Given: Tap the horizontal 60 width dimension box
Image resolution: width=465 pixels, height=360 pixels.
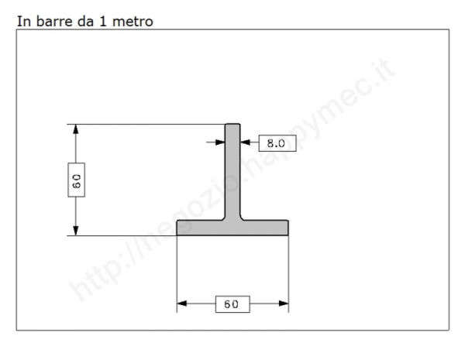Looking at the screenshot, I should [x=232, y=304].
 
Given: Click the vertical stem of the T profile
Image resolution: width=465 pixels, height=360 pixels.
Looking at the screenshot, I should [x=232, y=174].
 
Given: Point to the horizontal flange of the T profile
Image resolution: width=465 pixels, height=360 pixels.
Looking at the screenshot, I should [x=232, y=227].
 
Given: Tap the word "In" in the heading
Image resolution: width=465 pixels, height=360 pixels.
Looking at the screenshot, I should [x=22, y=22].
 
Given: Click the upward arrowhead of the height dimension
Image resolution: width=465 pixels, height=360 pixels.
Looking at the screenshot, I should [x=75, y=131].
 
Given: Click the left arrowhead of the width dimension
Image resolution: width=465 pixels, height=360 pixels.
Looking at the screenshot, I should [x=183, y=303].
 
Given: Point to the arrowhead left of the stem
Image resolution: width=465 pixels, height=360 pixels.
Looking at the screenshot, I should [x=220, y=142].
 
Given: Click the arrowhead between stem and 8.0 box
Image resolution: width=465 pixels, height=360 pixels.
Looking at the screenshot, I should [x=246, y=142].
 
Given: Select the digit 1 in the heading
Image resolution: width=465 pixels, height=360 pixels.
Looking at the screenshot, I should [x=104, y=22].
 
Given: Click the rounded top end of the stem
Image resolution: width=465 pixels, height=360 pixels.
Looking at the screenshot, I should [x=232, y=125].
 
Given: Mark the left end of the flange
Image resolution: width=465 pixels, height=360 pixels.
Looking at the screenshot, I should [x=179, y=227].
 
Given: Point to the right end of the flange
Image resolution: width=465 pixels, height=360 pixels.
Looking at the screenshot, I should [x=287, y=227].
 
